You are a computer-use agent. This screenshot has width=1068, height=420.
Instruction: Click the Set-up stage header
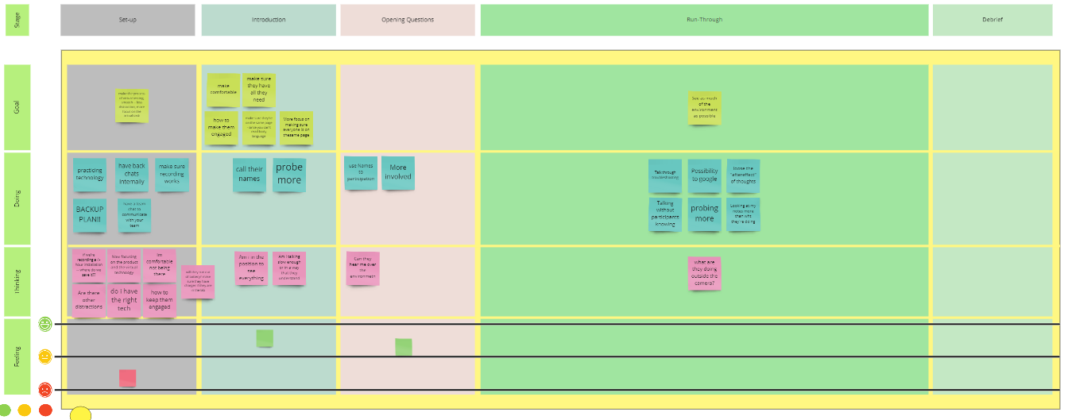click(x=127, y=20)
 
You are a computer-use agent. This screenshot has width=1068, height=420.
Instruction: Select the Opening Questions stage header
click(x=408, y=20)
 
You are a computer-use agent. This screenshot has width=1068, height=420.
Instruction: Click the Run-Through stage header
click(x=704, y=20)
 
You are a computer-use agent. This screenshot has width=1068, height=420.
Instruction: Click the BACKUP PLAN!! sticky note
click(x=90, y=214)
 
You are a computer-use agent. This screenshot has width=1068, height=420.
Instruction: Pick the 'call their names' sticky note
click(x=250, y=174)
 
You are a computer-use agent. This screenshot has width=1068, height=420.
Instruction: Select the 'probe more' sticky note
click(x=289, y=174)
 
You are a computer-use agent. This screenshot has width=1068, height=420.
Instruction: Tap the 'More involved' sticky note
click(x=398, y=172)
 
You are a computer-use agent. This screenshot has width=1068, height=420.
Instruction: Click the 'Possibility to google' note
click(x=704, y=175)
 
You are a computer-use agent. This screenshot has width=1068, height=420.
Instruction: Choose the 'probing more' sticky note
click(x=704, y=214)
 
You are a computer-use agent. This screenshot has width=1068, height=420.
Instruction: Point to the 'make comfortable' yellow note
click(x=224, y=90)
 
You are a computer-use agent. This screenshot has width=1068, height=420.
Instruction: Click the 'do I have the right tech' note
click(x=124, y=301)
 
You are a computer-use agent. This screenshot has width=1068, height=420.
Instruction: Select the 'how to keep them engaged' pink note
click(x=159, y=301)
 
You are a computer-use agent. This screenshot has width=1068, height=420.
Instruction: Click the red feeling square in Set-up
click(x=127, y=378)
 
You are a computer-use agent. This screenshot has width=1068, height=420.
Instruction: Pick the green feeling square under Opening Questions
click(x=404, y=347)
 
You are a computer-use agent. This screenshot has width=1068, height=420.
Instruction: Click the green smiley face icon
click(x=45, y=323)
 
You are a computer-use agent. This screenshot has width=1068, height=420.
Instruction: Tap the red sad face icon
click(x=45, y=389)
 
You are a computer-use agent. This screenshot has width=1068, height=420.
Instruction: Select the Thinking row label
click(x=17, y=282)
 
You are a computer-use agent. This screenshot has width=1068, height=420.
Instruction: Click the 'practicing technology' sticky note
click(x=90, y=175)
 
